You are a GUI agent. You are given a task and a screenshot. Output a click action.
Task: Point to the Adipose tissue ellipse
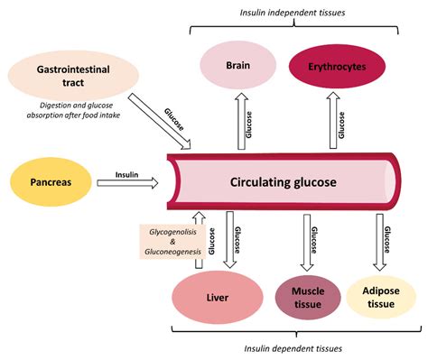pos(381,297)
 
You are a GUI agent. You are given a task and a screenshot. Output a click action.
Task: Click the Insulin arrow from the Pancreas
pos(126,183)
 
